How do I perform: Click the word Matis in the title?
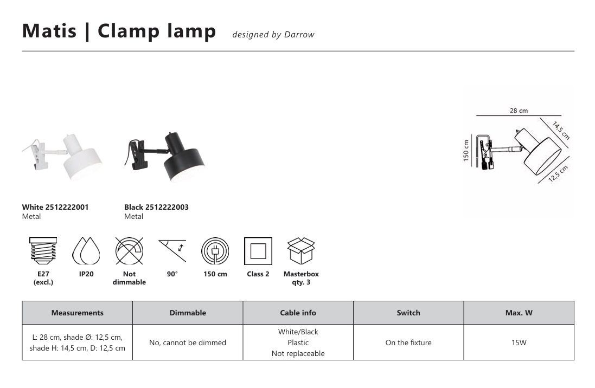click(x=49, y=31)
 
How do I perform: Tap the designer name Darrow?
click(x=299, y=35)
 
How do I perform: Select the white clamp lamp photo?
click(x=62, y=156)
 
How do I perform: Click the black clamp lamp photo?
click(x=164, y=157)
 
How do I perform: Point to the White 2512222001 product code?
click(x=55, y=207)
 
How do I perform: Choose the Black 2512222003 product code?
click(x=156, y=207)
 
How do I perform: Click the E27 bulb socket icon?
click(x=43, y=251)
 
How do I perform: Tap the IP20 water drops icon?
click(x=86, y=251)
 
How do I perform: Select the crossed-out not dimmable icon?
click(x=130, y=251)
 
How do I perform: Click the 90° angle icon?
click(x=172, y=250)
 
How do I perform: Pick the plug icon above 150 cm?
click(x=215, y=251)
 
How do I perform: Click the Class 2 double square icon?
click(x=258, y=251)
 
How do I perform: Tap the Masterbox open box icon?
click(x=301, y=251)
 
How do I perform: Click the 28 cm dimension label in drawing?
click(x=519, y=111)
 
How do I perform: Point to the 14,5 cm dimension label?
click(x=561, y=131)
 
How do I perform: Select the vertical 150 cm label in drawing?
click(x=466, y=151)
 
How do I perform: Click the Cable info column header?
click(x=298, y=313)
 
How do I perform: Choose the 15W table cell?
click(x=519, y=342)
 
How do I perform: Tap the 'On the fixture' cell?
click(x=408, y=342)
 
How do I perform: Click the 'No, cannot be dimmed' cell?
click(x=188, y=342)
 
